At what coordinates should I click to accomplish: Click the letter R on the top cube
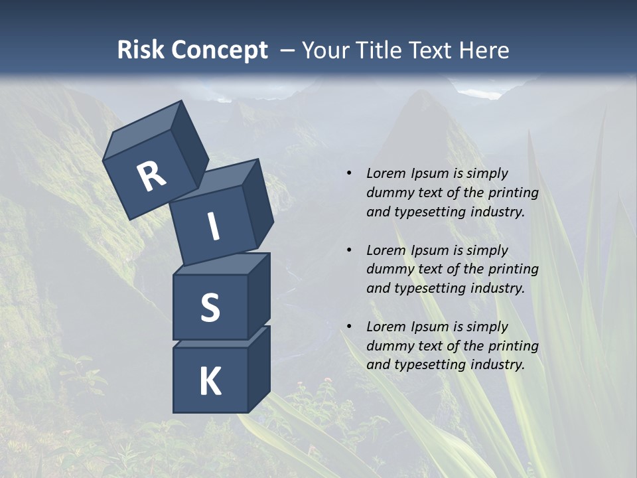pyautogui.click(x=151, y=177)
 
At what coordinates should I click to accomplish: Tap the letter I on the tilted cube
pyautogui.click(x=213, y=226)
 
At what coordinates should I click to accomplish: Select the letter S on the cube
pyautogui.click(x=210, y=307)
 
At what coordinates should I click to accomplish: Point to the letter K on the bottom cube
pyautogui.click(x=210, y=381)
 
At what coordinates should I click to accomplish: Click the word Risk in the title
pyautogui.click(x=140, y=50)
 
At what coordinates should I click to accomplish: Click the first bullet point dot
pyautogui.click(x=349, y=173)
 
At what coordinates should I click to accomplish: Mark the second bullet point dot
pyautogui.click(x=349, y=250)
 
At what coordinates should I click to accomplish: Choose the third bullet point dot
pyautogui.click(x=349, y=327)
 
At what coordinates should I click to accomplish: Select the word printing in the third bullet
pyautogui.click(x=513, y=345)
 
